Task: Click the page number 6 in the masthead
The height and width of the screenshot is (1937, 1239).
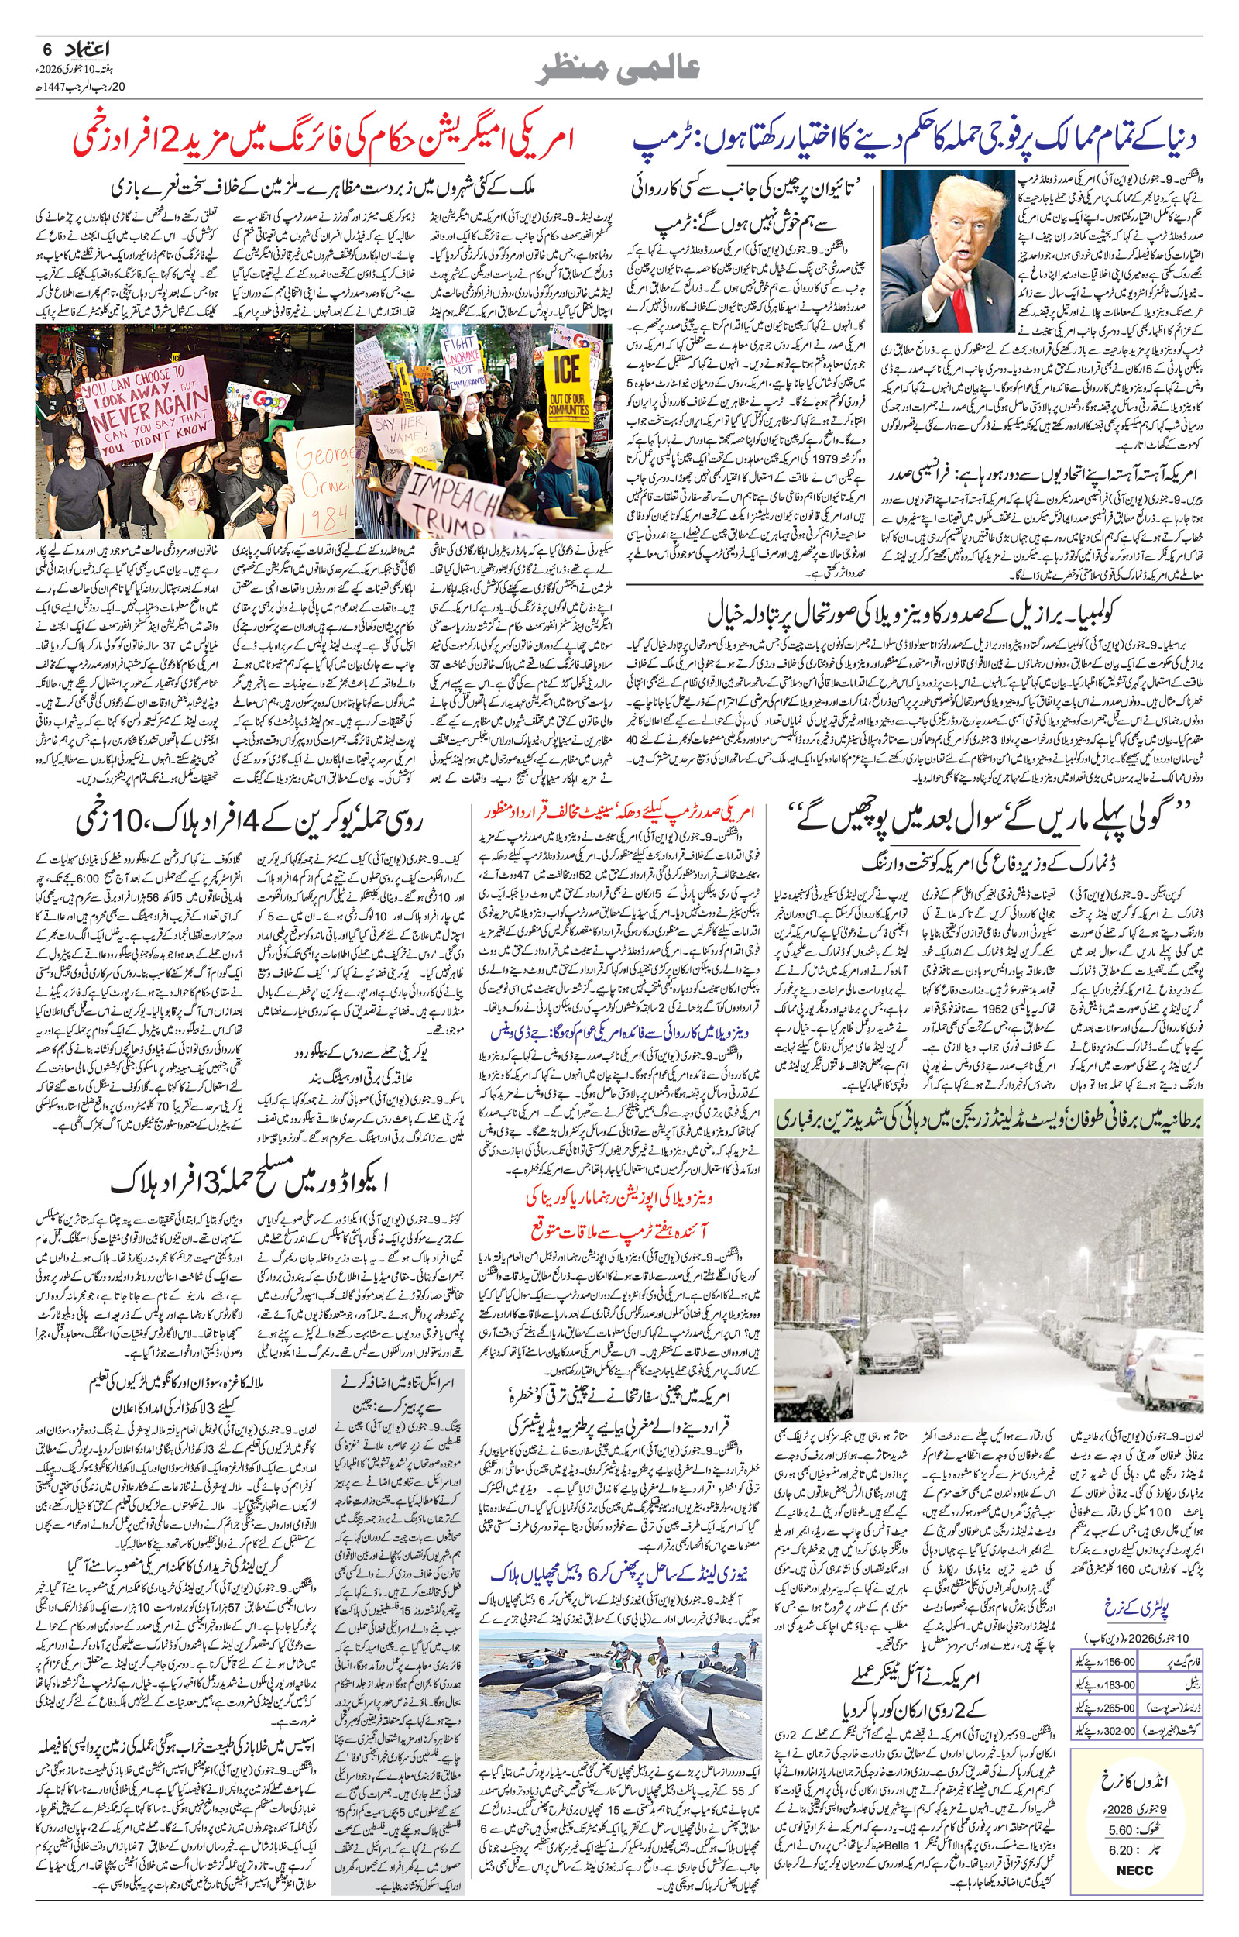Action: point(46,49)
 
